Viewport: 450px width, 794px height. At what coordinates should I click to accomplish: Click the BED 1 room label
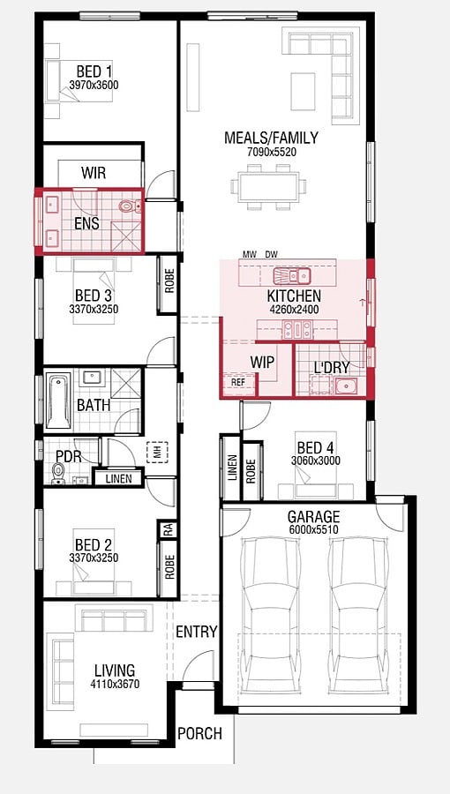point(94,71)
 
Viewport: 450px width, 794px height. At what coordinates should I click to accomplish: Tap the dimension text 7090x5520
point(271,152)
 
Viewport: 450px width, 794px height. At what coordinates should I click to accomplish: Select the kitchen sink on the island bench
point(291,276)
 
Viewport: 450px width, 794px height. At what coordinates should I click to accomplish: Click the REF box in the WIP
point(238,382)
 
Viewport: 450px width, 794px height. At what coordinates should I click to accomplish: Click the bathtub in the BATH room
point(59,401)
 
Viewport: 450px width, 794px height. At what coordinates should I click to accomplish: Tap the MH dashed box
point(157,452)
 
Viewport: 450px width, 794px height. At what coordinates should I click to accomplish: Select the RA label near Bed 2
point(168,530)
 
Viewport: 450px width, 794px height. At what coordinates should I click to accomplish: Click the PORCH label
point(199,733)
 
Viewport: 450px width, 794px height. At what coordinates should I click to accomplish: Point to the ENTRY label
point(197,632)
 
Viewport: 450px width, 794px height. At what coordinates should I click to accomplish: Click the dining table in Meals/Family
point(269,187)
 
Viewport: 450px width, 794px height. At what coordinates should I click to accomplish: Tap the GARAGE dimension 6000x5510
point(313,530)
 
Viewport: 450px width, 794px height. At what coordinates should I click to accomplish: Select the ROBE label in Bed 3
point(169,281)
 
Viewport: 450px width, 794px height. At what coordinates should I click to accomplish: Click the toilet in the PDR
point(59,474)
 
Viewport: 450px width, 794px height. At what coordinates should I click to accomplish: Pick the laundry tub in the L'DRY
point(346,386)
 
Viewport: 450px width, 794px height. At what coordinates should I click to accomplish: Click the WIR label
point(94,173)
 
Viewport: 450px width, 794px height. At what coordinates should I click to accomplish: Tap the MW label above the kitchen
point(249,254)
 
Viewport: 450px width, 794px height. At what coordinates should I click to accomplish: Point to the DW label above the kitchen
point(272,254)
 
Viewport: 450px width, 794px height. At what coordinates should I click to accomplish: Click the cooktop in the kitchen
point(297,330)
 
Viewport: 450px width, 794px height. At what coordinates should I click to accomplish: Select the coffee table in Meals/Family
point(303,91)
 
